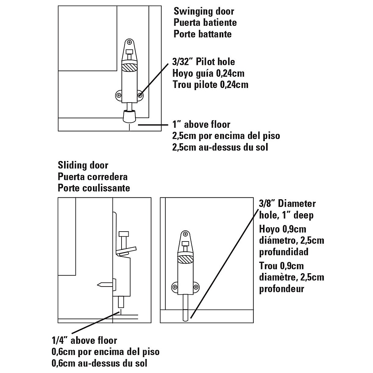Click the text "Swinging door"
point(204,12)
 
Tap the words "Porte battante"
point(202,34)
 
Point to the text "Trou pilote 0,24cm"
point(210,85)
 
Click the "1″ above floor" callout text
point(201,125)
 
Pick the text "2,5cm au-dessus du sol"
point(220,147)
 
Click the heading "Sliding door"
point(83,165)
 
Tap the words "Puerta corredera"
point(92,177)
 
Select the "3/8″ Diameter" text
point(287,204)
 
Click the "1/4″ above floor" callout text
point(84,340)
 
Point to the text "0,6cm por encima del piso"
point(105,352)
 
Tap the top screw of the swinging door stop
point(130,42)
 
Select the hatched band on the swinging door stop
point(130,67)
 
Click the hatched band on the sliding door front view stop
point(185,259)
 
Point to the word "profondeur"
point(281,289)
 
